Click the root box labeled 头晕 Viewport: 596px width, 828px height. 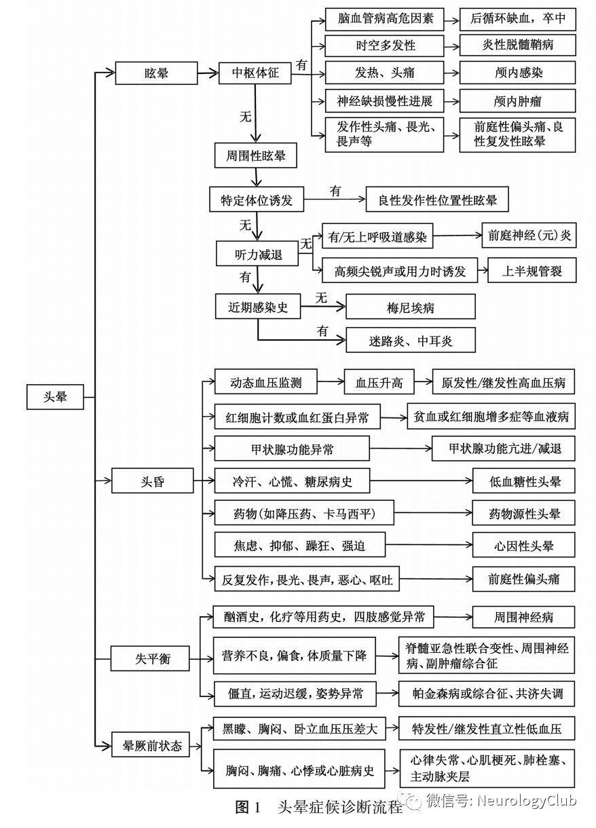tap(56, 397)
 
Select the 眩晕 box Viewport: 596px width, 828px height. tap(155, 73)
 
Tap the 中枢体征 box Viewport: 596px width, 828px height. tap(255, 73)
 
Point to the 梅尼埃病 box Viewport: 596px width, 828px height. tap(410, 307)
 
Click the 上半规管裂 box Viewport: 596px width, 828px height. tap(532, 271)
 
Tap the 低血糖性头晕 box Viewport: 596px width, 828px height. tap(523, 482)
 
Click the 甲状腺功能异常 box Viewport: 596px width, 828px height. tap(292, 449)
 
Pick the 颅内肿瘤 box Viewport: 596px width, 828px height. tap(517, 102)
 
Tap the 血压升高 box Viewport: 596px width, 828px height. tap(379, 382)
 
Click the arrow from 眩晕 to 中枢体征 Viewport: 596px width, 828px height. tap(207, 73)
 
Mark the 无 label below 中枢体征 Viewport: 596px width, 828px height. tap(245, 116)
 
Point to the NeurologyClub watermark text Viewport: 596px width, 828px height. tap(526, 802)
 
